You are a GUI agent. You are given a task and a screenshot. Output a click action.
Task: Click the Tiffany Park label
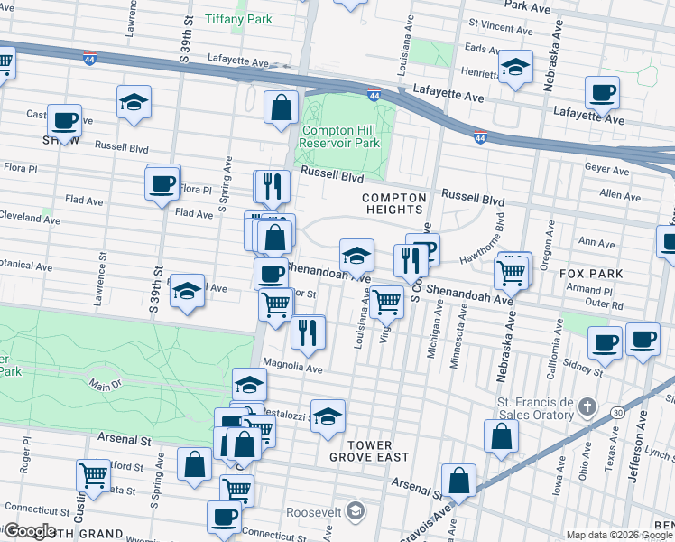click(x=238, y=18)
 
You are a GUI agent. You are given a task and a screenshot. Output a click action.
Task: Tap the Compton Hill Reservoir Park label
click(x=339, y=136)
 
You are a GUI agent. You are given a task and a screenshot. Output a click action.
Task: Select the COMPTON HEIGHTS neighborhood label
click(x=393, y=203)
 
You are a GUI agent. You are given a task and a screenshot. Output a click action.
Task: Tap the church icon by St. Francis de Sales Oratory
click(x=587, y=406)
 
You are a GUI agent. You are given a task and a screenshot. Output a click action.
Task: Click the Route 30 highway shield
click(x=617, y=412)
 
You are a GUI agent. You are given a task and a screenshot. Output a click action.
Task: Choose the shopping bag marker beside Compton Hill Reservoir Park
click(x=282, y=107)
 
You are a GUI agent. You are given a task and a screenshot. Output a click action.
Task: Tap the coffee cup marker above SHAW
click(x=64, y=119)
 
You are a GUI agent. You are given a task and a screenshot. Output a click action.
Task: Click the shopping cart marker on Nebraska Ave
click(x=512, y=270)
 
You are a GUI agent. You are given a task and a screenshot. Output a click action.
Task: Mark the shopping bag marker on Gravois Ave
click(x=458, y=480)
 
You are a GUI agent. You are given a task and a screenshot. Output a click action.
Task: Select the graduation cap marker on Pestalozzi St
click(x=328, y=416)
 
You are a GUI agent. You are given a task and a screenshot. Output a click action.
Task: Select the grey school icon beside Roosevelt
click(x=356, y=511)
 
